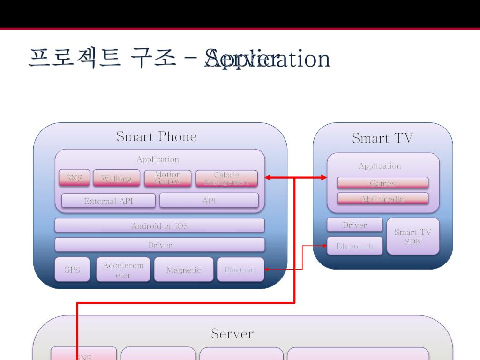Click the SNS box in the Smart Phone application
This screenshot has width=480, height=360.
(x=74, y=178)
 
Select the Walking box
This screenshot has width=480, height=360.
(x=116, y=178)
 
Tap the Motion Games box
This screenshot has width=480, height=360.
(x=167, y=178)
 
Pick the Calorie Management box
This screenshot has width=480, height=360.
(x=226, y=178)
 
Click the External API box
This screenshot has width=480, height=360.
(x=108, y=201)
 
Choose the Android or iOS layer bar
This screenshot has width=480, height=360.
(x=159, y=225)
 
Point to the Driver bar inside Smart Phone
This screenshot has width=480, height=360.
(x=159, y=245)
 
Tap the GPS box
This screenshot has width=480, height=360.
(x=72, y=270)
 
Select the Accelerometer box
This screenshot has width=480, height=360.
(x=123, y=270)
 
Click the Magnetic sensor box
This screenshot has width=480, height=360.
(x=183, y=270)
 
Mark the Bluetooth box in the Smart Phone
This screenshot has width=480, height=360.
(x=240, y=270)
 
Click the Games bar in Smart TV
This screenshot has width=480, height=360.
(x=382, y=183)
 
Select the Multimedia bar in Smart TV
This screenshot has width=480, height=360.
(x=382, y=199)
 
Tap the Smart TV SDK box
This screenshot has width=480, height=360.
(x=412, y=236)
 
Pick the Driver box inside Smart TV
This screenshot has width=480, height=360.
(x=354, y=225)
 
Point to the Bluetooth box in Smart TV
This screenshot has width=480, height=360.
(x=355, y=246)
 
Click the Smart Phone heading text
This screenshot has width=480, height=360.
(x=157, y=136)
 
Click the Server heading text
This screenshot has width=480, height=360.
(x=232, y=333)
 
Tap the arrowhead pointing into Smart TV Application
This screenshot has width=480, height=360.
(x=323, y=177)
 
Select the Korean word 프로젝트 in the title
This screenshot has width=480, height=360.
(x=75, y=59)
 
